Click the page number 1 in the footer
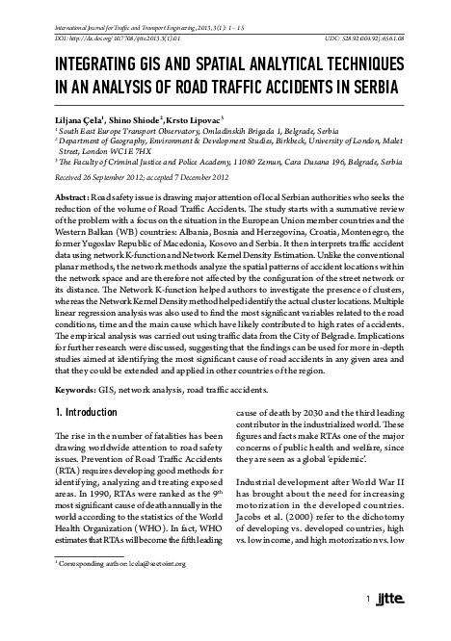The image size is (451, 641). (369, 627)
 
